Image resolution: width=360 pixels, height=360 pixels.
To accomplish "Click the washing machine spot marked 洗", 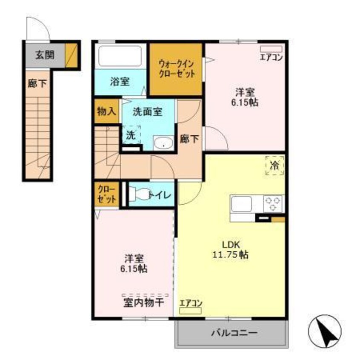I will (x=131, y=135).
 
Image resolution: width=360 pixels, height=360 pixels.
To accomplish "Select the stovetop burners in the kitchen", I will (x=274, y=203).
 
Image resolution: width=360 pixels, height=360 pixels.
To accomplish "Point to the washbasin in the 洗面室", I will (x=163, y=144).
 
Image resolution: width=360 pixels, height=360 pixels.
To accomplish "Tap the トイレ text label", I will (x=160, y=195).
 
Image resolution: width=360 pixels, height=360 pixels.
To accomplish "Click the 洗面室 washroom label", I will (x=147, y=112).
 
